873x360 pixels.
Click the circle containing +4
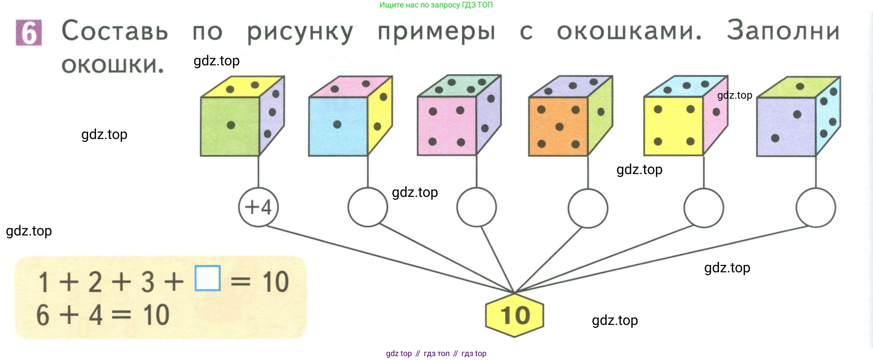coord(258,207)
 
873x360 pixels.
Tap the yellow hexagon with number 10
coord(515,315)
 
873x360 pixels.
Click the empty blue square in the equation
coord(208,278)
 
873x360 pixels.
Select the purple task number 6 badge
coord(29,32)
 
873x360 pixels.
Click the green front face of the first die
coord(230,126)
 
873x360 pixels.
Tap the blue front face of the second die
coord(338,126)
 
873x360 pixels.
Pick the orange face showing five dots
coord(558,126)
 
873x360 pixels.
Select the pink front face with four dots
coord(447,126)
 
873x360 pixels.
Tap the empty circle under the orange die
coord(588,208)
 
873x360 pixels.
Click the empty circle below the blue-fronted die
coord(368,207)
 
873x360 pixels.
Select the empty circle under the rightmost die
coord(816,208)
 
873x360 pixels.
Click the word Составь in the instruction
coord(115,32)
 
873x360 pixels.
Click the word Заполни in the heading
coord(783,31)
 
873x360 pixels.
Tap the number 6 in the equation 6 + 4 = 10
coord(43,315)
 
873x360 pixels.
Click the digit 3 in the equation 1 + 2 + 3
coord(147,282)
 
